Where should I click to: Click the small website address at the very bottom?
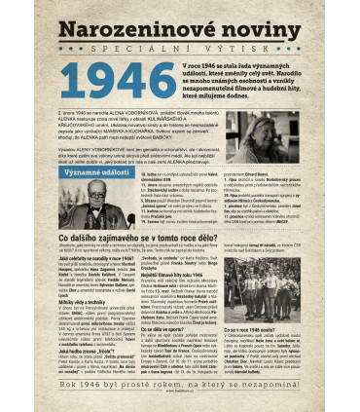180,400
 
